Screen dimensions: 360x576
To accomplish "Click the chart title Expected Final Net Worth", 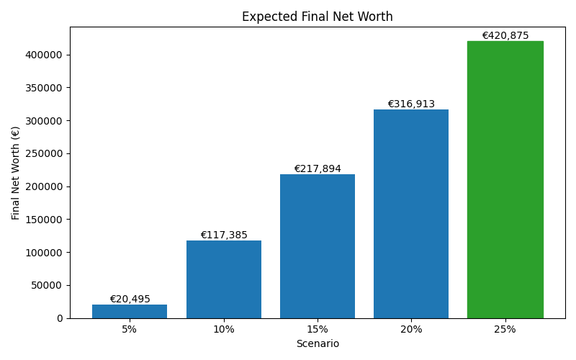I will tap(317, 17).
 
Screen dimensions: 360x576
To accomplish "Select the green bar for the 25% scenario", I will tap(505, 180).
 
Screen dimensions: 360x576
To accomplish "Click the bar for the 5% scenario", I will tap(130, 311).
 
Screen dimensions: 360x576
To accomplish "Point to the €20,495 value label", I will tap(130, 300).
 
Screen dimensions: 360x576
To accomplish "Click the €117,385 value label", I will tap(223, 235).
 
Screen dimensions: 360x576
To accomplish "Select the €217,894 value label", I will tap(317, 169).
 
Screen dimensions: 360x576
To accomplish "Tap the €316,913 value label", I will tap(411, 104).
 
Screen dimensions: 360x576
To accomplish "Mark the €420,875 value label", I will tap(505, 36).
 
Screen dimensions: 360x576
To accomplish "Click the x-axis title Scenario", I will tap(317, 344).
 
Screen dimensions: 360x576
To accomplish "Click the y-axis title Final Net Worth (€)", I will tap(16, 173).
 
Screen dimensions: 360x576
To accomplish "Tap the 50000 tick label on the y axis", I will tap(48, 285).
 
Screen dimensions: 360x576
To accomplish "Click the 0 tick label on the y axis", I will tap(60, 318).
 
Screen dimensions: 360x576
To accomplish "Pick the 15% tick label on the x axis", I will tap(317, 329).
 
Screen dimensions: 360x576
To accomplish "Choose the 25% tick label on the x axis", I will tap(505, 329).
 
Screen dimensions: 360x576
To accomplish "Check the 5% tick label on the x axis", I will tap(130, 329).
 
